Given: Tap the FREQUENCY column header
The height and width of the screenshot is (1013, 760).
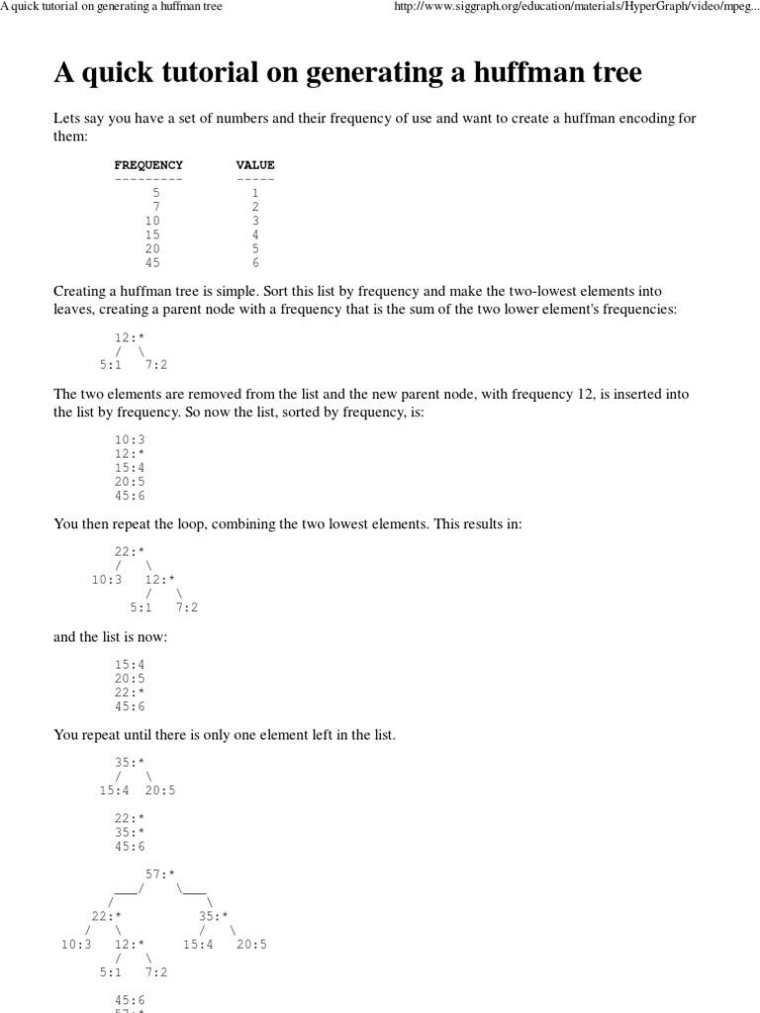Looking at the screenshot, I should [x=148, y=164].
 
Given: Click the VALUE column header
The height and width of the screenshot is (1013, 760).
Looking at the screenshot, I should [x=255, y=164].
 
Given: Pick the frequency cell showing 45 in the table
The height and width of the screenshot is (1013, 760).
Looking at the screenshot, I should [x=151, y=263].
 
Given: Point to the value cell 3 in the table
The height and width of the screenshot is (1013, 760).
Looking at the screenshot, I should [x=255, y=221].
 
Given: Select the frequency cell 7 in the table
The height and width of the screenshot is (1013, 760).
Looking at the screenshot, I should [x=155, y=207].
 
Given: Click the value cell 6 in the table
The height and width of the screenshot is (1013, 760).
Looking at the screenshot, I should [x=255, y=263].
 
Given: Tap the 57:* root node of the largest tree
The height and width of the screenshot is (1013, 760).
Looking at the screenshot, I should [x=160, y=874].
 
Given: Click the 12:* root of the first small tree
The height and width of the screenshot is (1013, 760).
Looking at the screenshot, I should [x=130, y=337].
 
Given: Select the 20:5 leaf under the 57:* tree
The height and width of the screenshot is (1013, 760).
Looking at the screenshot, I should [x=251, y=945].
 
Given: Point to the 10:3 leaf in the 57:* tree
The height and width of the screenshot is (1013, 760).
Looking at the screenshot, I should [x=76, y=945].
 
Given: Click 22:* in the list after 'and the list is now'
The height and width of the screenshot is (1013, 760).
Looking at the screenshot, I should [x=130, y=692].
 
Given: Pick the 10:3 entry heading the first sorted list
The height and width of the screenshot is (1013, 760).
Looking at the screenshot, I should [x=130, y=438].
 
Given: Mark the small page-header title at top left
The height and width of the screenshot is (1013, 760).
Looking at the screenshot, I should [x=111, y=7].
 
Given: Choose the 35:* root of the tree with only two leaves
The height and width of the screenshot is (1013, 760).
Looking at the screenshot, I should [x=130, y=763].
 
